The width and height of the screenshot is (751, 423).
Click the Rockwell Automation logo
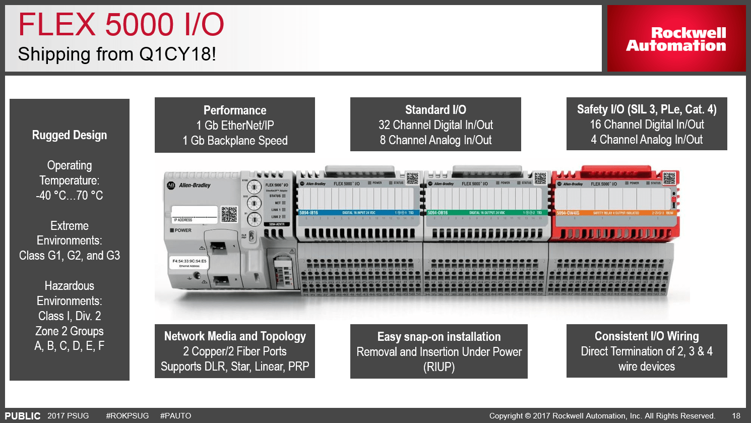(x=676, y=39)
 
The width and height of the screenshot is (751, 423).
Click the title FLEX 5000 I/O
(x=121, y=25)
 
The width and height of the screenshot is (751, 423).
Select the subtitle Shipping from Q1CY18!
(x=117, y=54)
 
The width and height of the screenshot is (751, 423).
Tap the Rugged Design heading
(x=70, y=135)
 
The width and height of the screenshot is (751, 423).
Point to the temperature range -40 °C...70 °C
(x=70, y=196)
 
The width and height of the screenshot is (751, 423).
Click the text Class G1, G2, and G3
(x=70, y=256)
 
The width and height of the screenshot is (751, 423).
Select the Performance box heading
(x=235, y=110)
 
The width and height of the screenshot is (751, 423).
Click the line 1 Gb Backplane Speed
(x=235, y=141)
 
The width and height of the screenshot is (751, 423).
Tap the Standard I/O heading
(x=435, y=110)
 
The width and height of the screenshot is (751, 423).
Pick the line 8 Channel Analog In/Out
(x=435, y=140)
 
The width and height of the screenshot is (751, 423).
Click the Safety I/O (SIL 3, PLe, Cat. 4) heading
(x=647, y=109)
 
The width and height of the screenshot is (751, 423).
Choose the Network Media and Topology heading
(x=235, y=336)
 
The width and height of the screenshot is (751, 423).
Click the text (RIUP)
(x=439, y=367)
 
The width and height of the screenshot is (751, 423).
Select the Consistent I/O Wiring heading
(x=647, y=336)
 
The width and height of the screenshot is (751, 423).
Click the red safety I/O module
(x=615, y=207)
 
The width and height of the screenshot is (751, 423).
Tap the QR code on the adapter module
(x=229, y=214)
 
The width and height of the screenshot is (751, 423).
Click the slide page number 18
(x=736, y=416)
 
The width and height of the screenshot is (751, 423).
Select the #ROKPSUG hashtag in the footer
(x=128, y=416)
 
